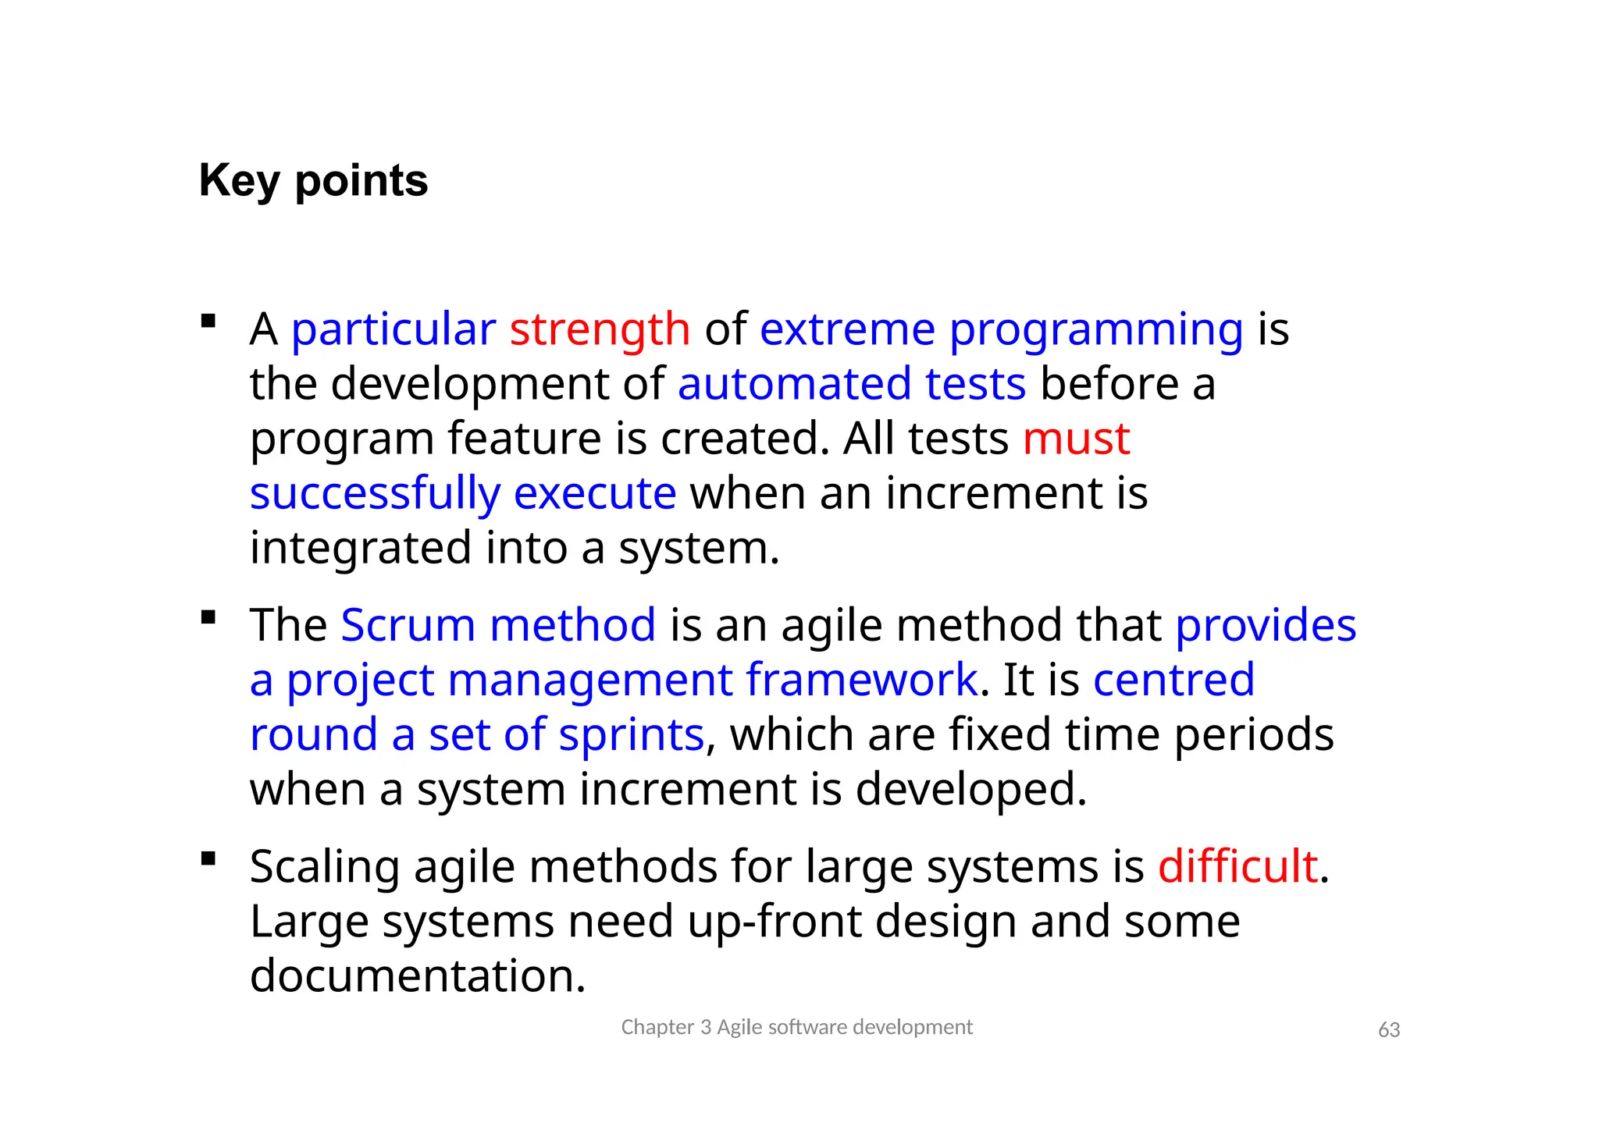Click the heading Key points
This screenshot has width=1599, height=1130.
click(x=313, y=181)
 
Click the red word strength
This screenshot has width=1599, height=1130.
click(x=600, y=329)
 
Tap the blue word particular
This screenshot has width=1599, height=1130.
click(x=394, y=329)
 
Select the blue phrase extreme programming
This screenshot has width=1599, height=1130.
click(x=1001, y=329)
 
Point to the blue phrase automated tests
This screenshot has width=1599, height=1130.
click(x=851, y=384)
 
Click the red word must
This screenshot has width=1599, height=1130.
click(x=1076, y=439)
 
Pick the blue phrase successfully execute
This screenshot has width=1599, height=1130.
click(x=463, y=493)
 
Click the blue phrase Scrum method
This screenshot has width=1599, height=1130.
click(x=498, y=625)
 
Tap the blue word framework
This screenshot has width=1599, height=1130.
click(x=861, y=680)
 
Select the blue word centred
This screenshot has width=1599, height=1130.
click(x=1173, y=680)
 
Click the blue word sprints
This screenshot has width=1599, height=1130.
click(x=631, y=734)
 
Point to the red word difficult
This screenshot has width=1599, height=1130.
click(x=1238, y=866)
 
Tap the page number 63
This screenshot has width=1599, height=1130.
click(x=1388, y=1030)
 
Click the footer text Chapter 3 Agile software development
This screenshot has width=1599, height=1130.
click(x=796, y=1027)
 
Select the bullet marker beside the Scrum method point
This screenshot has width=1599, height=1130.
click(x=208, y=618)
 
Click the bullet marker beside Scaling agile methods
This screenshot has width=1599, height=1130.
click(x=208, y=859)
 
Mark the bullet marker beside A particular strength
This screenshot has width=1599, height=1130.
click(x=208, y=321)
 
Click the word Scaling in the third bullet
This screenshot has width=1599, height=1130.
click(x=324, y=868)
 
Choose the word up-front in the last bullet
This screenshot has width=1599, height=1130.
click(x=773, y=922)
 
